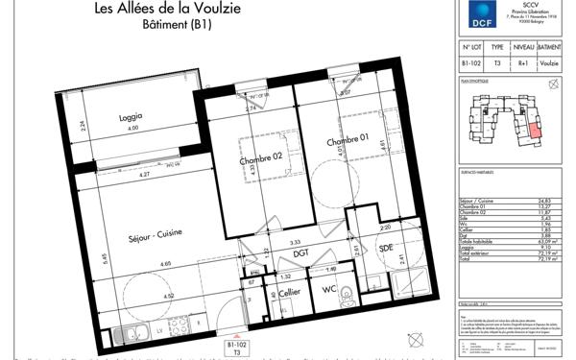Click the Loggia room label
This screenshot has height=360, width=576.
click(130, 117)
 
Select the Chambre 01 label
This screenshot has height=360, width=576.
click(348, 143)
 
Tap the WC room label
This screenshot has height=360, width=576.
click(328, 289)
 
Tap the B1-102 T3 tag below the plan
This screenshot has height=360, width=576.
click(237, 347)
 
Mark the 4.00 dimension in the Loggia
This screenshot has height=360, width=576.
click(133, 129)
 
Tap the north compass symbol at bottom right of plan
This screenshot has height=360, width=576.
click(416, 338)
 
